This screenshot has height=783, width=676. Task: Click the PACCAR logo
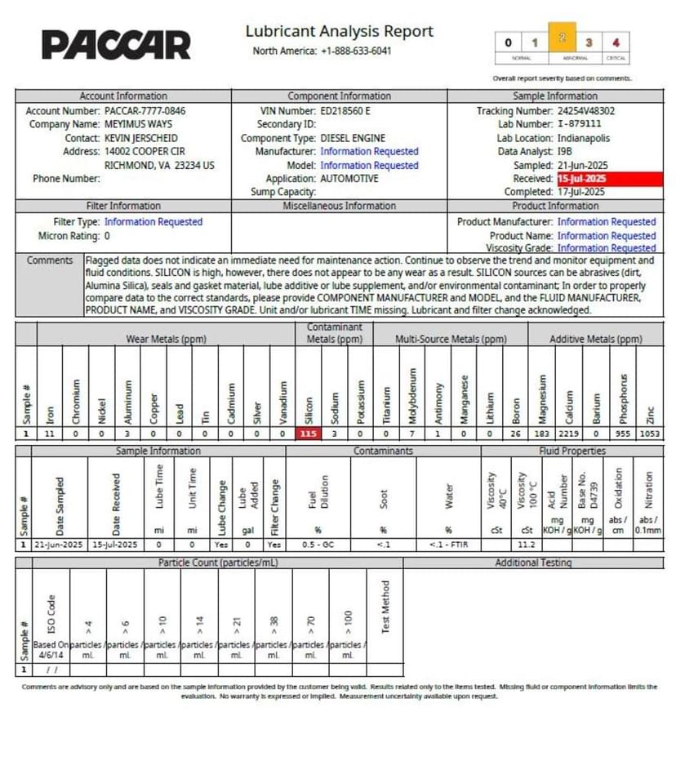coord(116,45)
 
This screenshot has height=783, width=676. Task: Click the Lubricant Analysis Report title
coord(339,32)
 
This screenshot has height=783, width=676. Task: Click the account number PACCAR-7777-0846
coord(145,111)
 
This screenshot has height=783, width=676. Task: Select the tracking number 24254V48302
coord(586,111)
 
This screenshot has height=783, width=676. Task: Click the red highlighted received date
coord(583,179)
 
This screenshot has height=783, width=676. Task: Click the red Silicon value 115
coord(308,434)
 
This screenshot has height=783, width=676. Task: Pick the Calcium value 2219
coord(570,434)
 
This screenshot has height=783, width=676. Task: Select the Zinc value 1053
coord(649,434)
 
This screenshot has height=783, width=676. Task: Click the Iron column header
coord(51,412)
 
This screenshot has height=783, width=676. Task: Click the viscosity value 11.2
coord(527,543)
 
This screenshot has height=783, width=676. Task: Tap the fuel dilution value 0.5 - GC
coord(318,543)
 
